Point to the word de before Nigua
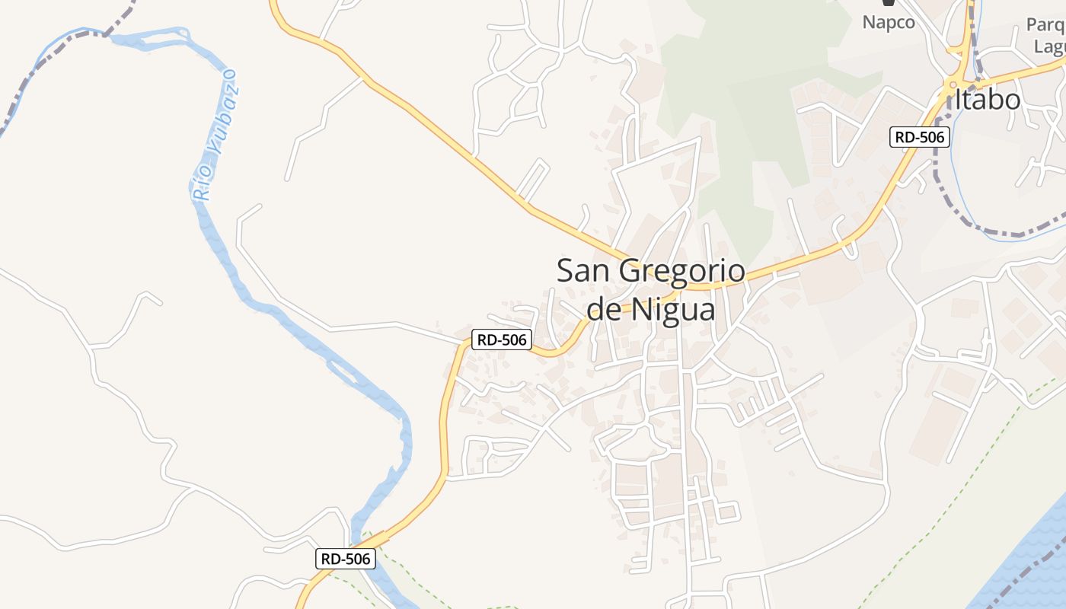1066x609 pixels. pos(604,310)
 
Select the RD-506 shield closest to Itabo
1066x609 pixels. pos(920,137)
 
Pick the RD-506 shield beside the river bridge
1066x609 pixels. pos(346,559)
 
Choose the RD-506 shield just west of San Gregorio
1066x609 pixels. pos(501,340)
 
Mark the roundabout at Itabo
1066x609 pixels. pos(952,84)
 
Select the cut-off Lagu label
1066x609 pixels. pos(1048,46)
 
